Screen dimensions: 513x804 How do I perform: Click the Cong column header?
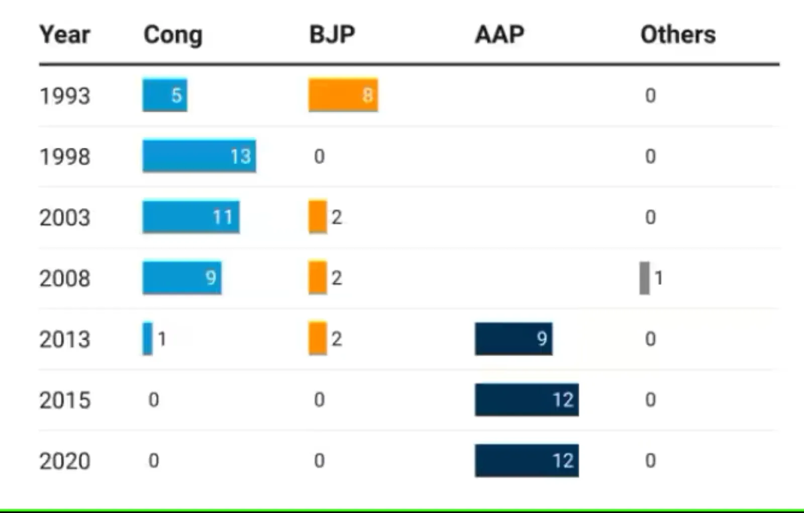[x=173, y=35]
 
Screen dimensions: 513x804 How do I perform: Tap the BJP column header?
[x=332, y=35]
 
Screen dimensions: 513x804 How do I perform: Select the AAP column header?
[x=499, y=35]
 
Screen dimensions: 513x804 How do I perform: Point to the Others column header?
[x=678, y=35]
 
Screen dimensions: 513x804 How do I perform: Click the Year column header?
[x=65, y=35]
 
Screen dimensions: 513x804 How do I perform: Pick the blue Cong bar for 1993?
[x=165, y=95]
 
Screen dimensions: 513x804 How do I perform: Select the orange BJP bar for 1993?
[x=343, y=95]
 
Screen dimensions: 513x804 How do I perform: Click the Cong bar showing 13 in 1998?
[x=199, y=156]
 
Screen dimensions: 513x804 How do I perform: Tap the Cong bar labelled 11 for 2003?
[x=191, y=217]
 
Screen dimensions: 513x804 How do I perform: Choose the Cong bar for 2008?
[x=182, y=278]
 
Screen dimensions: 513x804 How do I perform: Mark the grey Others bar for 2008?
[x=644, y=278]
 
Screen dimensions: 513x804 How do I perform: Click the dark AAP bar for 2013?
[x=514, y=339]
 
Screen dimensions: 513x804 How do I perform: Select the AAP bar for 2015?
[x=527, y=399]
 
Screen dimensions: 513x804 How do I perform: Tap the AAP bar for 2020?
[x=527, y=460]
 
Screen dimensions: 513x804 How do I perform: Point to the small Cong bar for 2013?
[x=147, y=339]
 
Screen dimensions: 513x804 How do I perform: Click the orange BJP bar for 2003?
[x=318, y=217]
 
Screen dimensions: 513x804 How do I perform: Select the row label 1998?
[x=65, y=157]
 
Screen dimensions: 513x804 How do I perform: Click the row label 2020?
[x=65, y=461]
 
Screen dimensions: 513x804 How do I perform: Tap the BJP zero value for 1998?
[x=319, y=156]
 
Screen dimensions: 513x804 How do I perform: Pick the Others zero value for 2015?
[x=650, y=399]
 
